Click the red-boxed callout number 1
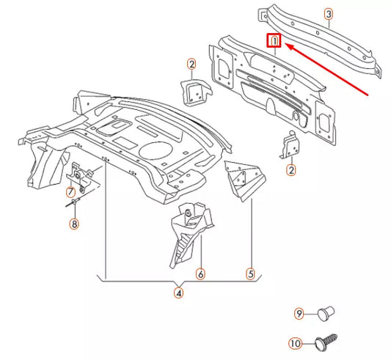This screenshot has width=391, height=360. click(274, 42)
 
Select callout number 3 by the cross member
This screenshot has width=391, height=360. click(328, 14)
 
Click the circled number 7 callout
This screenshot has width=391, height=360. click(70, 193)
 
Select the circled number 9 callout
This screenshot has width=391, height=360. click(299, 315)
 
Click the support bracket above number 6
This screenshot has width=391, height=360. click(189, 227)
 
